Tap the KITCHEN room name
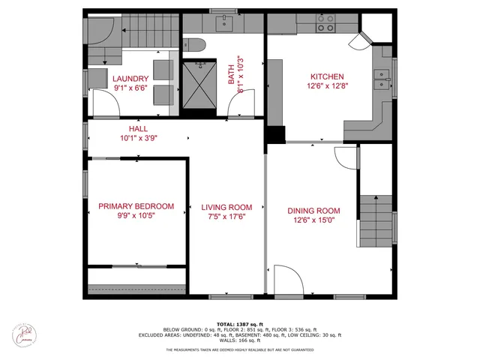[x=327, y=76]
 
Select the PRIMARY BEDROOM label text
[x=136, y=206]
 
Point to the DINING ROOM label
[x=314, y=211]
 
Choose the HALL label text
[x=97, y=128]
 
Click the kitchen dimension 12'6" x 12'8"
[x=327, y=86]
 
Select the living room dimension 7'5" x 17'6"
[x=226, y=216]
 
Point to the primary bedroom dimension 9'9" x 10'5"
[x=136, y=215]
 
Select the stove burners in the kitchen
[x=325, y=26]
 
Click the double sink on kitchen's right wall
[x=383, y=74]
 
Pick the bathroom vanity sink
[x=225, y=25]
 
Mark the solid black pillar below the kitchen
[x=275, y=134]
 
